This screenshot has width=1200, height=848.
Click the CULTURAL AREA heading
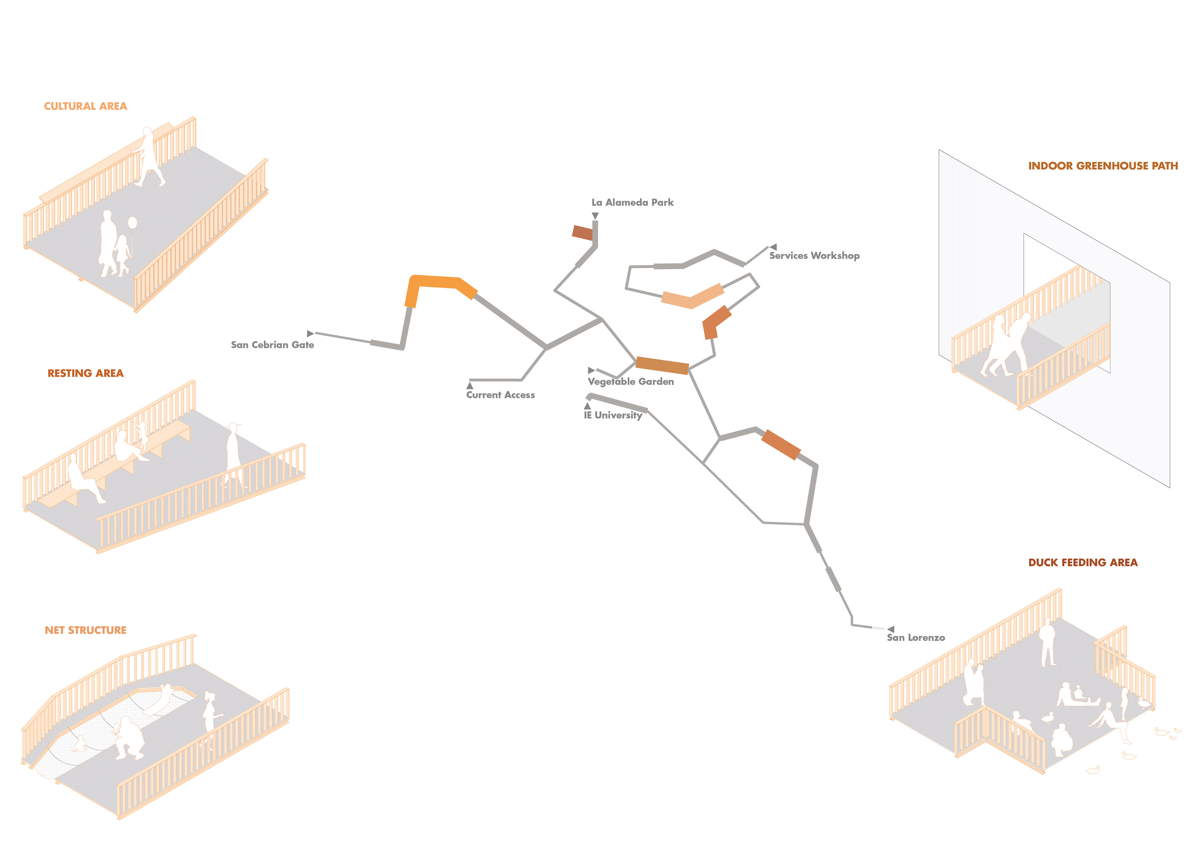tap(85, 106)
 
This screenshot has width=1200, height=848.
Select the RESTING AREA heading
tap(85, 373)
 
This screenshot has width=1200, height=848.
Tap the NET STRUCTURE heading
tap(85, 630)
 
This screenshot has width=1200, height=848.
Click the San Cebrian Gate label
tap(272, 345)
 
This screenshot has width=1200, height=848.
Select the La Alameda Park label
tap(632, 202)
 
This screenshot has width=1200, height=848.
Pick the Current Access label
tap(500, 395)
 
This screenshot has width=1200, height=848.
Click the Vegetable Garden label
tap(631, 381)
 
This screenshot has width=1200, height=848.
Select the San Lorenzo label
tap(916, 637)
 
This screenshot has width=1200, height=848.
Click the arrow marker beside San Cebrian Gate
tap(310, 333)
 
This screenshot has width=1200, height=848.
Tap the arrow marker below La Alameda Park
tap(595, 216)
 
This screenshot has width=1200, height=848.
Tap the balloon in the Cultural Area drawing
tap(132, 223)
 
